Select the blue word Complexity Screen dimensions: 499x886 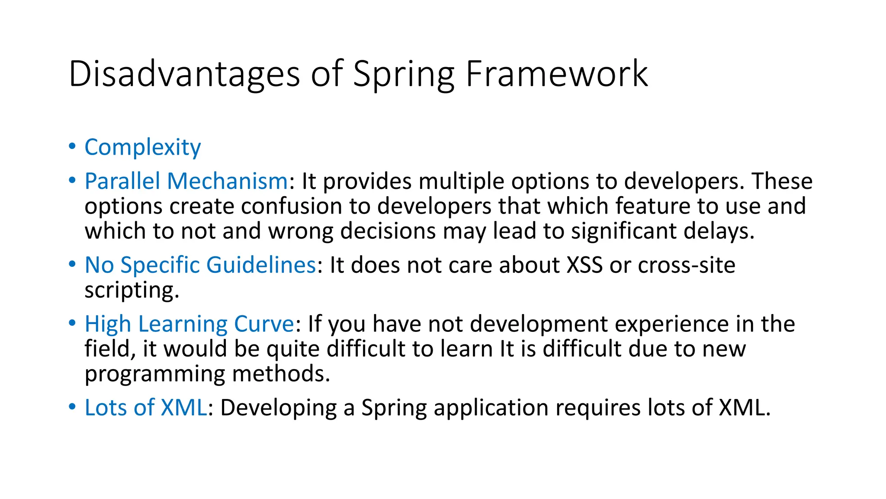point(143,148)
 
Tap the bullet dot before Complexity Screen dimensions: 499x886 point(72,146)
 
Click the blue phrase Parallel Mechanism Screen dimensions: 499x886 point(186,181)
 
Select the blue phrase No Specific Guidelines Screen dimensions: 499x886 point(200,265)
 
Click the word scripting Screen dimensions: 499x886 point(132,290)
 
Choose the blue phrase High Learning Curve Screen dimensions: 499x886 point(189,324)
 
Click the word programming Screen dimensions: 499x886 point(154,374)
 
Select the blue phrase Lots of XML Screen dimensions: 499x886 point(145,408)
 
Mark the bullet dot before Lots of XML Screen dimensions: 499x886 point(72,407)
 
